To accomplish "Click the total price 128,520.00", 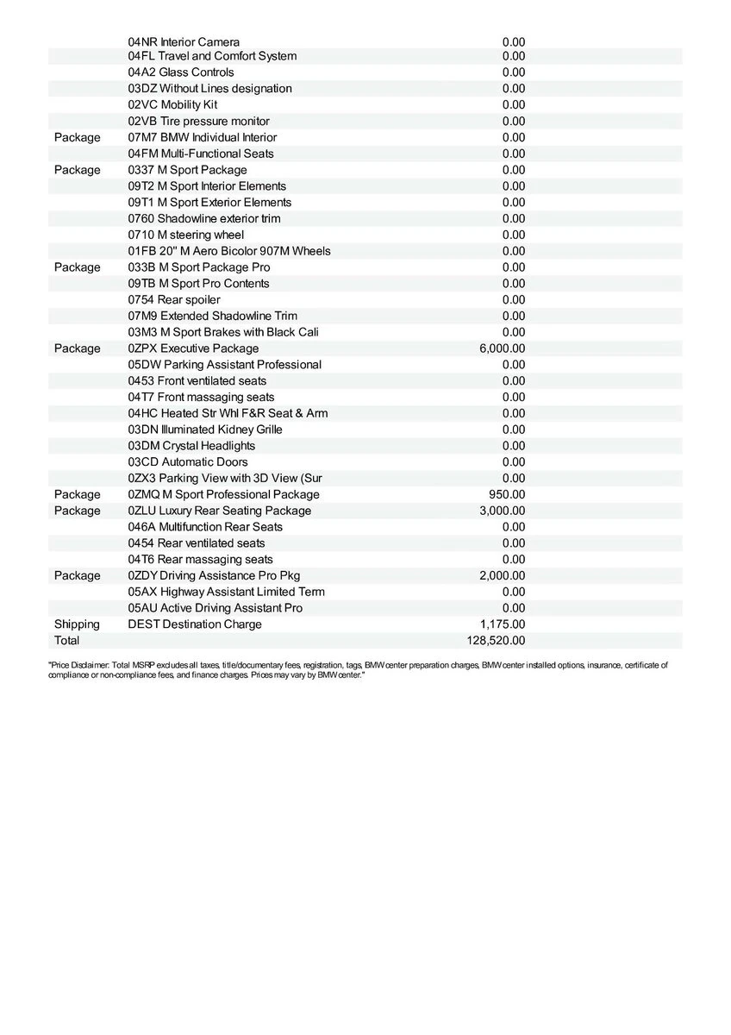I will tap(496, 641).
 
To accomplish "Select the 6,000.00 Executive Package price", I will tap(503, 348).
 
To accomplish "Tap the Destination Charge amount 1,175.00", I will tap(503, 624).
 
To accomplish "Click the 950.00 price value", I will tap(507, 494).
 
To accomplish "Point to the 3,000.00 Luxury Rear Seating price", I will tap(503, 511).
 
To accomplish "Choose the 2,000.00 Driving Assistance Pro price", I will tap(503, 575).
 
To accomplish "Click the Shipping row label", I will tap(77, 624).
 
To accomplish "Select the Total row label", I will tap(66, 641).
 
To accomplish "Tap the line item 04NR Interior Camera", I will tap(184, 41).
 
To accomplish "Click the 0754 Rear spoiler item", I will tap(174, 300).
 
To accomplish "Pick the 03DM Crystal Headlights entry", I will tap(191, 446).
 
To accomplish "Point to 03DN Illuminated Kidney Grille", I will tap(205, 430).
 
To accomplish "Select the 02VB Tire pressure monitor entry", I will tap(198, 122).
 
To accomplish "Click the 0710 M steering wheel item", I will tap(186, 235).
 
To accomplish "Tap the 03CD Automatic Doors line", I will tap(188, 462).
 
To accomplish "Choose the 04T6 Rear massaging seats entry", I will tap(200, 560).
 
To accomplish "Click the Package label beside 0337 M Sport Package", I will tap(77, 170).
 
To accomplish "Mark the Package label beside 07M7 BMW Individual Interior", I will tap(77, 138).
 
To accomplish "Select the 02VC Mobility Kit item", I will tap(172, 105).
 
